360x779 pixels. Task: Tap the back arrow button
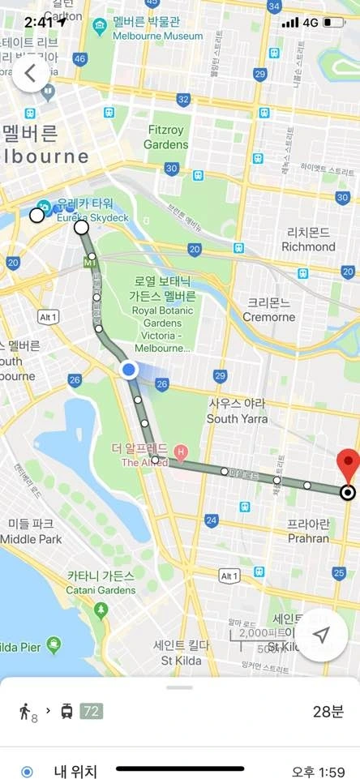point(30,73)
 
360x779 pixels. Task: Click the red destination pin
point(348,464)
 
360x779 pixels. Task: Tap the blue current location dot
point(129,370)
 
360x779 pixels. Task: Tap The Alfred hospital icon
point(180,451)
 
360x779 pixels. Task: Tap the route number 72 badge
point(91,711)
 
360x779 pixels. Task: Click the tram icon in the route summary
point(66,711)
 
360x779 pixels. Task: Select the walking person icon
point(26,712)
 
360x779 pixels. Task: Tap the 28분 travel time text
point(328,712)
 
